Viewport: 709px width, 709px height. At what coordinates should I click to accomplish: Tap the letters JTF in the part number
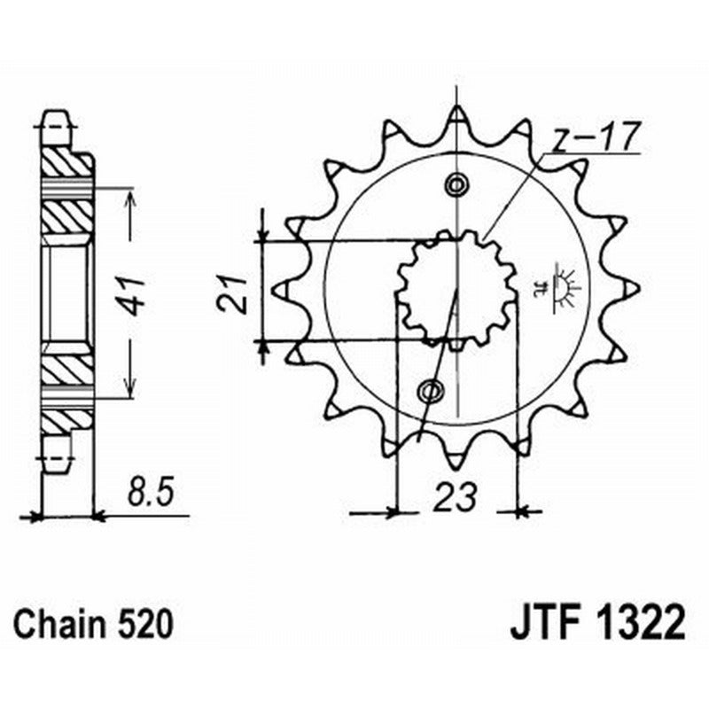coord(547,623)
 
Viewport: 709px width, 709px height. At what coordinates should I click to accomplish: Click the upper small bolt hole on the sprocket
coord(456,184)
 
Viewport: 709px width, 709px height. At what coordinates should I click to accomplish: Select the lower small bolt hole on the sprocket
coord(432,388)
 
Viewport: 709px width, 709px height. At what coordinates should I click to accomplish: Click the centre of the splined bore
coord(456,288)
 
